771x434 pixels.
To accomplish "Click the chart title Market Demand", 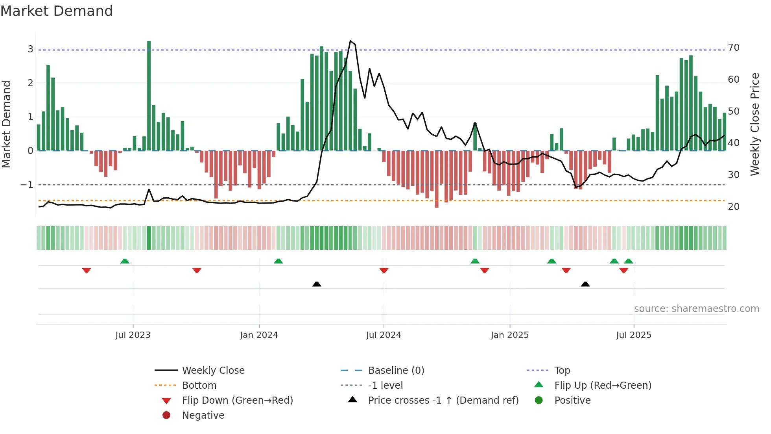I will click(57, 11).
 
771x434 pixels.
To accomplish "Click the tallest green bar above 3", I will click(149, 95).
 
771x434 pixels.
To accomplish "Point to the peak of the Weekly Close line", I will click(350, 41).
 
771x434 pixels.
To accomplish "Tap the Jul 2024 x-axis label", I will click(384, 335).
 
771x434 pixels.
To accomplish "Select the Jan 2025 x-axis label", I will click(509, 335).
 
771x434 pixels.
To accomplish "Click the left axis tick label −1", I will click(27, 185).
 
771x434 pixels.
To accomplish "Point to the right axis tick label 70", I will click(734, 48).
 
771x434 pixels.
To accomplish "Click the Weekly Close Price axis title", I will click(754, 124).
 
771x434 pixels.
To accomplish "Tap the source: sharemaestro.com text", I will click(696, 309).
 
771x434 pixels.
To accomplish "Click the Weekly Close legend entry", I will click(213, 371).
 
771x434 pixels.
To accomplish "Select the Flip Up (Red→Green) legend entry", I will click(602, 386).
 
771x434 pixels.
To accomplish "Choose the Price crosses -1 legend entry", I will click(443, 401).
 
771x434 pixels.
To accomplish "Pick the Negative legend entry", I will click(203, 415).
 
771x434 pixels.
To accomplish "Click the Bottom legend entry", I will click(199, 386).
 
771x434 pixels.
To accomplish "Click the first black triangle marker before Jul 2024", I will click(317, 284).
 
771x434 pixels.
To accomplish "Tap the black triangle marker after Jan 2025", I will click(585, 284).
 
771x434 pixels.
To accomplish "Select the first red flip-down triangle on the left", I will click(87, 270).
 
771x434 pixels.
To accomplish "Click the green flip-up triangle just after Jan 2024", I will click(278, 261).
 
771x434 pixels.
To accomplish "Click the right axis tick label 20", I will click(734, 207).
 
